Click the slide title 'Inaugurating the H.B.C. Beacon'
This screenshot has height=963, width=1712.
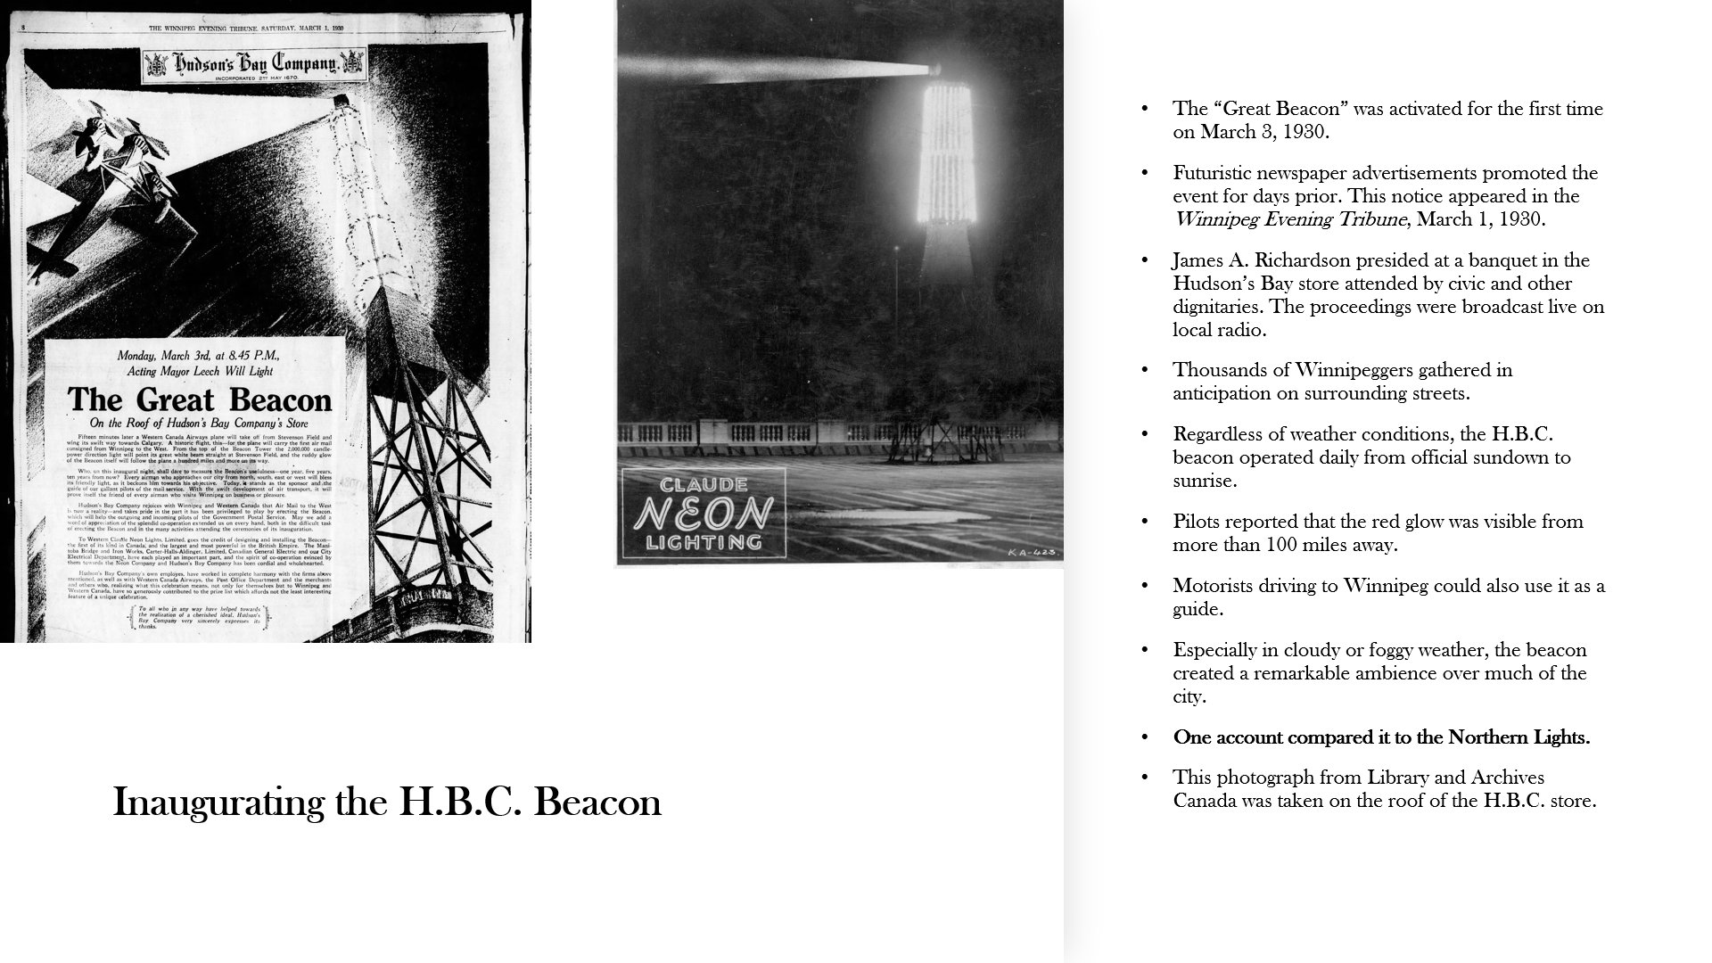coord(387,802)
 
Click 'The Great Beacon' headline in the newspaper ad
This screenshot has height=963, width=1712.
coord(200,399)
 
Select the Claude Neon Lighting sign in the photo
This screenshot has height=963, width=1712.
coord(704,514)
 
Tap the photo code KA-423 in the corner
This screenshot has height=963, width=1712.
coord(1032,553)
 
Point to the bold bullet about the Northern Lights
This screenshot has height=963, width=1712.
coord(1381,737)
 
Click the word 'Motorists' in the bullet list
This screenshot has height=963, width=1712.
coord(1213,586)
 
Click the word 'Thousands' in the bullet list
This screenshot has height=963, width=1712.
coord(1215,370)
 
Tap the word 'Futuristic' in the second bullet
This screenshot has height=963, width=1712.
coord(1215,173)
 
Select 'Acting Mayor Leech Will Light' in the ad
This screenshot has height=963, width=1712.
coord(200,371)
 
